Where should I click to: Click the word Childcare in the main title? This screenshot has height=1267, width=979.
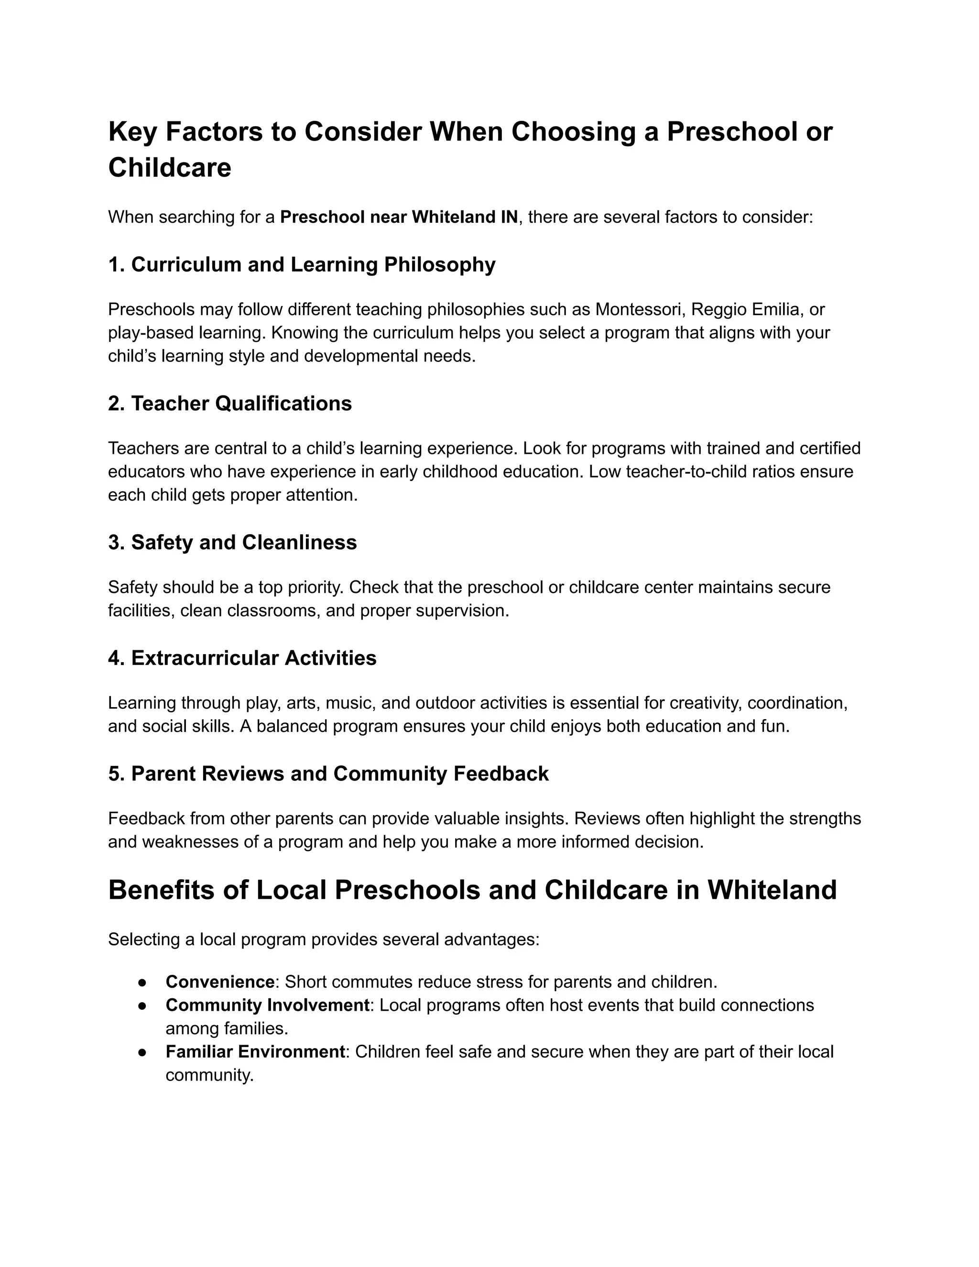[x=169, y=168]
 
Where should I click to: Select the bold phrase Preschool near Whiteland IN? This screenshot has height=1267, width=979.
[x=399, y=218]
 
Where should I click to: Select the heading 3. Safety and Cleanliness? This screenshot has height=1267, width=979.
[x=232, y=543]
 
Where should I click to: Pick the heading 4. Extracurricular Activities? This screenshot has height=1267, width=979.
[x=242, y=658]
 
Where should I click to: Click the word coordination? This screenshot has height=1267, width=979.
[x=797, y=703]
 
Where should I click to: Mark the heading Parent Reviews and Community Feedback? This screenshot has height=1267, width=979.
[x=339, y=774]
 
